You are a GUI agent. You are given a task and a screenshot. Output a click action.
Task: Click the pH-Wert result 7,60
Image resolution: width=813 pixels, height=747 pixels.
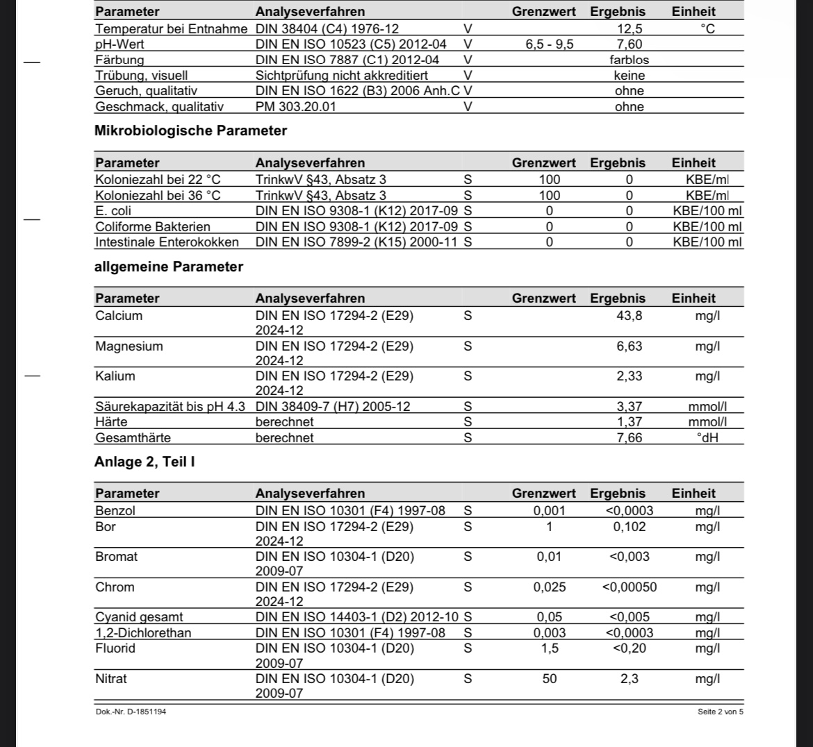[x=629, y=44]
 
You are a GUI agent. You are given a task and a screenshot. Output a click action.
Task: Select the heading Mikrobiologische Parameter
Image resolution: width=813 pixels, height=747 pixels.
[x=190, y=131]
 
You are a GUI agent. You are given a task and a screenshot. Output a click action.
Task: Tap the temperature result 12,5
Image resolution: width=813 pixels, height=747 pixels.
[x=629, y=28]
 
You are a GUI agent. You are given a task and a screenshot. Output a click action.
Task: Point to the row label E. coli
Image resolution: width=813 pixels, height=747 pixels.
[x=113, y=210]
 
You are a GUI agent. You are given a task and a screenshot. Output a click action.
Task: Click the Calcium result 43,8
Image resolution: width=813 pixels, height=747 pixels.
[x=629, y=316]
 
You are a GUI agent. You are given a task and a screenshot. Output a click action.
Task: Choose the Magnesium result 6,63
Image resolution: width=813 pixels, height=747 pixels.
[x=629, y=346]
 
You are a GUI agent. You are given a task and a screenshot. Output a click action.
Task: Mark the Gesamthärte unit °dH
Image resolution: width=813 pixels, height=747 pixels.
[x=707, y=438]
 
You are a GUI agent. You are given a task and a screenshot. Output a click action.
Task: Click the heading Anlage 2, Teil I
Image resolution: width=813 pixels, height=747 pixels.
[x=145, y=462]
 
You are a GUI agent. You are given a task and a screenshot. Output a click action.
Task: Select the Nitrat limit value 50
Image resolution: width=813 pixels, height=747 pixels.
[x=549, y=678]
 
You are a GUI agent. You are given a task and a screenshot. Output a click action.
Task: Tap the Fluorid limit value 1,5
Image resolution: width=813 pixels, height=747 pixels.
[x=549, y=648]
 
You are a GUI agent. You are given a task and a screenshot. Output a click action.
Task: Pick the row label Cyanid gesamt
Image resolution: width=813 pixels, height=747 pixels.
[x=139, y=616]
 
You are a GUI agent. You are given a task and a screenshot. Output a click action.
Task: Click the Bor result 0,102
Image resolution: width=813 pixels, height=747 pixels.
[x=629, y=526]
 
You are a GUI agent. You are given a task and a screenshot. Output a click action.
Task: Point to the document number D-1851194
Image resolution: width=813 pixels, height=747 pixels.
[x=131, y=712]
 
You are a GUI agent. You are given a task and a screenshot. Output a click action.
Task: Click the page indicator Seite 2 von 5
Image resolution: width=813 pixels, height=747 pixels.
[x=720, y=712]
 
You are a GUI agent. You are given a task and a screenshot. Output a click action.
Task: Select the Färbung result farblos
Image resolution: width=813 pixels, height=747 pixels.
[x=629, y=60]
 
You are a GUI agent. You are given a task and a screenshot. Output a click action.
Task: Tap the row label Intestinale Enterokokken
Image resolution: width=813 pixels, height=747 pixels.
[x=167, y=242]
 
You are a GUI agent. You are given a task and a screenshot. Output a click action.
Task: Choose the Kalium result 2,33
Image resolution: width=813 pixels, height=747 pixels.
[x=629, y=376]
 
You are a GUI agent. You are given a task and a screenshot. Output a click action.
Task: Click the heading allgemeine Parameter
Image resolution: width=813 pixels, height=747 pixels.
[x=169, y=267]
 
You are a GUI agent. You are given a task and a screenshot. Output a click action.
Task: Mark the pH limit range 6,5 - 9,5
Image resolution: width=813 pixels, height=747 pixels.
[x=549, y=44]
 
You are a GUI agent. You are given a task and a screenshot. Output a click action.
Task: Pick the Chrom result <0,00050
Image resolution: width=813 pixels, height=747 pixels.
[x=629, y=587]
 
